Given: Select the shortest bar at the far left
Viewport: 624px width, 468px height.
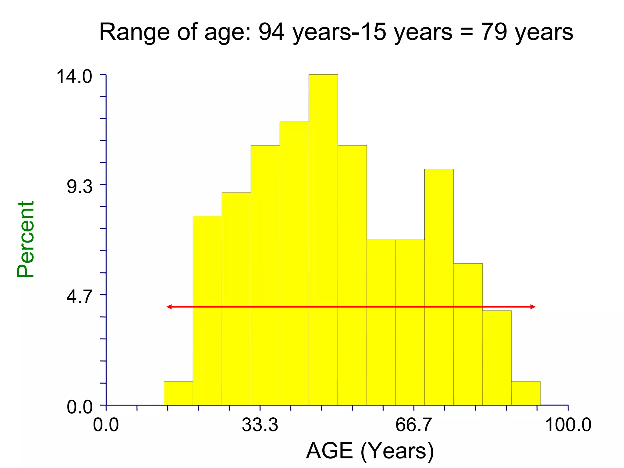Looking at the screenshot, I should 178,393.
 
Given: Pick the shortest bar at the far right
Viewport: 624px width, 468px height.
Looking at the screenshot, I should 526,393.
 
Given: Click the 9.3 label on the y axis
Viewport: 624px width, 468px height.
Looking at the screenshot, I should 80,186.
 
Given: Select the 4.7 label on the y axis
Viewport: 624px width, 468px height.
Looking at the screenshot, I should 80,297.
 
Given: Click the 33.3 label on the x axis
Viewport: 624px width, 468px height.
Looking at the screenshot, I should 260,425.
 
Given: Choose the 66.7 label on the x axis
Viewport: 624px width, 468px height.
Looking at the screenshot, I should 413,425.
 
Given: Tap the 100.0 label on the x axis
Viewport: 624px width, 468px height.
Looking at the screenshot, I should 568,425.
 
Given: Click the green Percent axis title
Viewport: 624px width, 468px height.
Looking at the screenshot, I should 26,239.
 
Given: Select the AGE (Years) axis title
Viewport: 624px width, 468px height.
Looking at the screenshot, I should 370,451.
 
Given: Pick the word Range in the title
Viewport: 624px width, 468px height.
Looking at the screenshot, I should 134,32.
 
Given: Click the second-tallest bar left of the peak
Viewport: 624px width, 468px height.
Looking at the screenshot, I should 294,262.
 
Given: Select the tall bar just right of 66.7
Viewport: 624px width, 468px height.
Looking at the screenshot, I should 439,286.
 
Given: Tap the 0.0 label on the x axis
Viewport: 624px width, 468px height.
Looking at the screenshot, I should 106,425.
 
